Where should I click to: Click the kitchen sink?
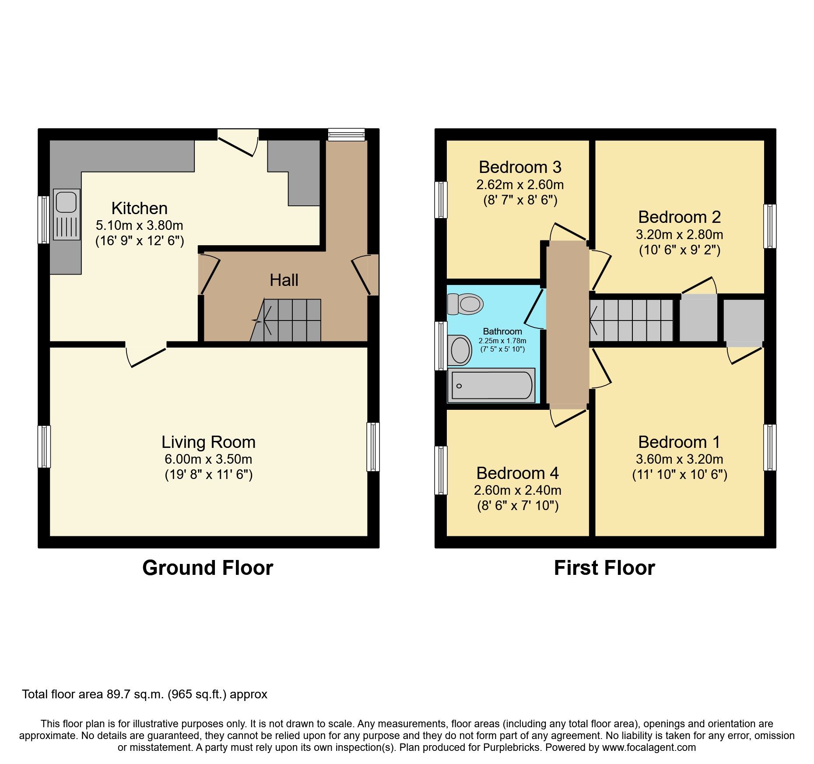pos(67,214)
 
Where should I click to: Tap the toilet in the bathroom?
pos(466,304)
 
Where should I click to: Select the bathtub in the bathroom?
pos(491,386)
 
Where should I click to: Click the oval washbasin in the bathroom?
pos(460,350)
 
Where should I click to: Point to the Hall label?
pos(284,280)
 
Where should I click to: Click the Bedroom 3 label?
pos(519,167)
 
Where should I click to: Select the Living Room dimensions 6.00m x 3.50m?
pos(208,459)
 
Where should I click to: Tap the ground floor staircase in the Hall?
pos(289,320)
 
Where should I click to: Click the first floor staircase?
pos(632,320)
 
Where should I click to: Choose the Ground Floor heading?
pos(207,568)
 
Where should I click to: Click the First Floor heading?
pos(604,568)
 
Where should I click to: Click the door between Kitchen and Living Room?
pos(146,355)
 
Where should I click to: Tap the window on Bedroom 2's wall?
pos(770,226)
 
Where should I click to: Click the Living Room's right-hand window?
pos(373,447)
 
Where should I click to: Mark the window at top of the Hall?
pos(346,134)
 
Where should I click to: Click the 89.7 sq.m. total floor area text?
pos(136,694)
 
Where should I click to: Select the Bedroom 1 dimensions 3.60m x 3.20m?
pos(679,459)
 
